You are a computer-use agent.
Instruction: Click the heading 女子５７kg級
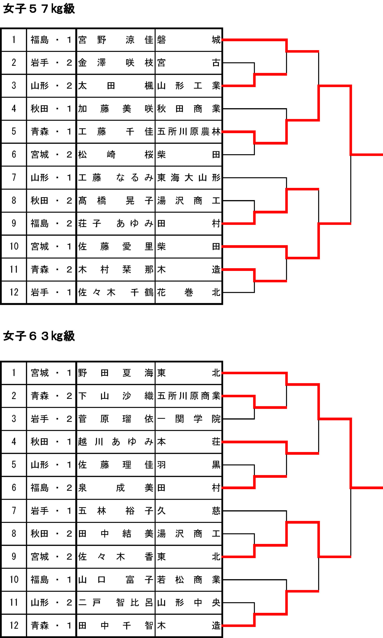pyautogui.click(x=39, y=9)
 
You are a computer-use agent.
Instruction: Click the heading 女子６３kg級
pyautogui.click(x=39, y=336)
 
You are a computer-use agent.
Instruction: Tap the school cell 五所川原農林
pyautogui.click(x=189, y=132)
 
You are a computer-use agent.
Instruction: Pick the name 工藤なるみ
pyautogui.click(x=115, y=177)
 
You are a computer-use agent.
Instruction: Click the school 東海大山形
pyautogui.click(x=189, y=177)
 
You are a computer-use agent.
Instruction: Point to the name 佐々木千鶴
pyautogui.click(x=115, y=292)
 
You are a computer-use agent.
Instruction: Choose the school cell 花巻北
pyautogui.click(x=189, y=292)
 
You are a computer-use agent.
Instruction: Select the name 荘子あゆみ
pyautogui.click(x=115, y=224)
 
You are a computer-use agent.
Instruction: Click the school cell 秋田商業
pyautogui.click(x=189, y=109)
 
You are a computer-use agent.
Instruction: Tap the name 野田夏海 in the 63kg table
pyautogui.click(x=115, y=373)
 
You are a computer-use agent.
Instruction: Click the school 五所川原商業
pyautogui.click(x=189, y=396)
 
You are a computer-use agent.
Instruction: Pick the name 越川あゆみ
pyautogui.click(x=115, y=442)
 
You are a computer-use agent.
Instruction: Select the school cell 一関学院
pyautogui.click(x=189, y=419)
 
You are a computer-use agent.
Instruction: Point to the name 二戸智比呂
pyautogui.click(x=115, y=603)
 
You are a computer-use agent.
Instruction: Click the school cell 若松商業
pyautogui.click(x=189, y=580)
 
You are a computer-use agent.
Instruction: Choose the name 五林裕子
pyautogui.click(x=115, y=511)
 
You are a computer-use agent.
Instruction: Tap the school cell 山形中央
pyautogui.click(x=189, y=603)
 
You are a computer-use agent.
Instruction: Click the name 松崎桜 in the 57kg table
pyautogui.click(x=115, y=155)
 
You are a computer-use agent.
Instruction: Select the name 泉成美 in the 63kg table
pyautogui.click(x=115, y=488)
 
